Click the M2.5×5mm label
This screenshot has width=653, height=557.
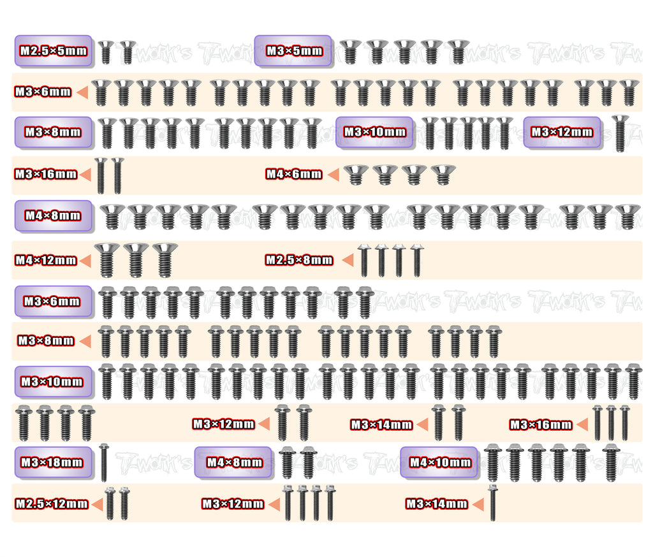click(x=54, y=51)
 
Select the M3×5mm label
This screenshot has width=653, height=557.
click(x=293, y=51)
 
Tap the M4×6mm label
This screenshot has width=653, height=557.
click(x=294, y=174)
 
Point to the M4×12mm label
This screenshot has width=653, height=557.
click(x=46, y=260)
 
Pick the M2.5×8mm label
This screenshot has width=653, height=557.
click(x=299, y=260)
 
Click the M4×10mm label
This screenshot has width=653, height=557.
click(x=440, y=462)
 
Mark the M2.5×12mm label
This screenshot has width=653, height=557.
click(x=52, y=504)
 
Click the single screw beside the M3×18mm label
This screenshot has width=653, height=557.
click(x=104, y=463)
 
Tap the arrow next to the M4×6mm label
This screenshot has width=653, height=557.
click(x=332, y=174)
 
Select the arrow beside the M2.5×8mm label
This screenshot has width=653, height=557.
click(x=348, y=260)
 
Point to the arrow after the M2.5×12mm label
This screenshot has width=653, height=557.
click(x=98, y=504)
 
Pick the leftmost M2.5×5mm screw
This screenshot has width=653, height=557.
click(x=106, y=52)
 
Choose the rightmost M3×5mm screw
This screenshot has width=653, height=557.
click(x=457, y=52)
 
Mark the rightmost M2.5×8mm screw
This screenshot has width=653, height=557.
click(x=416, y=260)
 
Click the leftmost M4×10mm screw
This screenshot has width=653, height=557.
click(x=492, y=463)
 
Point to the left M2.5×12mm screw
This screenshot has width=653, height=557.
click(x=110, y=503)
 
